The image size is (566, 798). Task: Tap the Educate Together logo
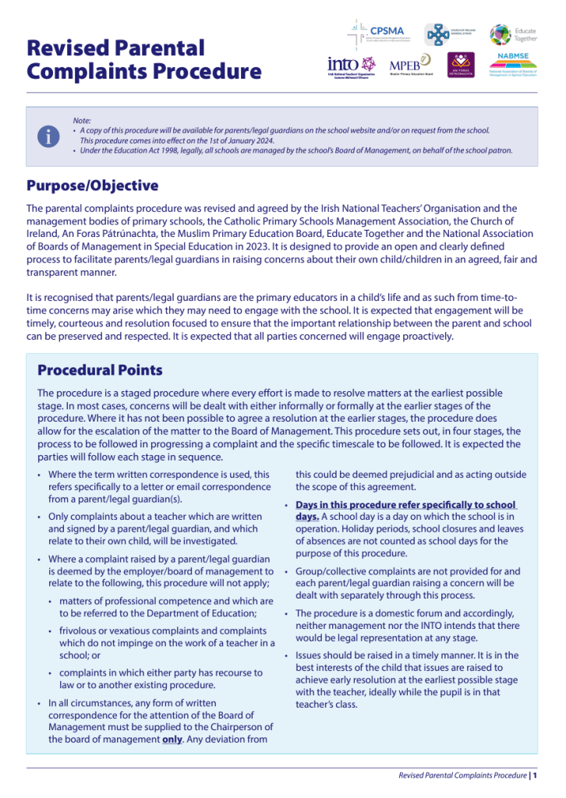(512, 34)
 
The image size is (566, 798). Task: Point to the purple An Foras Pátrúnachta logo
(460, 65)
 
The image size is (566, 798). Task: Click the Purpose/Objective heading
(92, 185)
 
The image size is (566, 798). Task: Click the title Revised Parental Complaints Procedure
(144, 60)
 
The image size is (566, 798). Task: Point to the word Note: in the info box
(82, 120)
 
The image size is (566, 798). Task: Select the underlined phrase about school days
(405, 510)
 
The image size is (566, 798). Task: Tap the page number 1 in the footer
(536, 775)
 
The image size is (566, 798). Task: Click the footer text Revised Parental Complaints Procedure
(462, 775)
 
